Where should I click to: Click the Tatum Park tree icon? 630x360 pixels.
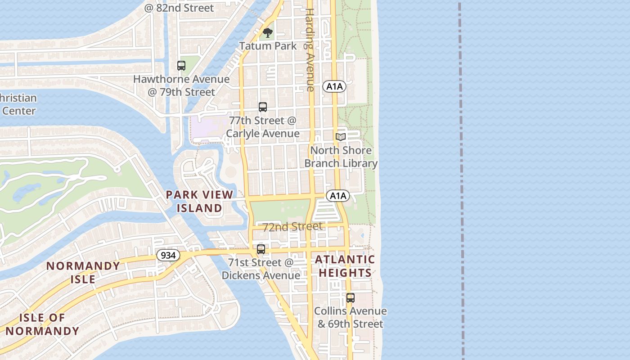268,33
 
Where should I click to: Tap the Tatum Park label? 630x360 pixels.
268,46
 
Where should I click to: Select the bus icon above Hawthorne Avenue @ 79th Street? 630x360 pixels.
181,66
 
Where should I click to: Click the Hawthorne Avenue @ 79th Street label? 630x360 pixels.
181,85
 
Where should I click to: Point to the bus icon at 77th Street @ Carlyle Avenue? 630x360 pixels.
263,107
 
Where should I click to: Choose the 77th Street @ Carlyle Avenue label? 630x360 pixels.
263,127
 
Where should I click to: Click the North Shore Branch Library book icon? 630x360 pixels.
341,137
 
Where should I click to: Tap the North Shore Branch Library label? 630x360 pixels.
341,157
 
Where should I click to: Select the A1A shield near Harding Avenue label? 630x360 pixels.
334,86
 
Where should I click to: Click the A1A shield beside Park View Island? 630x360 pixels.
337,196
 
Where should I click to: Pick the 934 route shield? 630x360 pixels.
168,255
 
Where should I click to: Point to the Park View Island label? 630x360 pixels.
199,201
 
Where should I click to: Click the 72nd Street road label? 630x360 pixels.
292,226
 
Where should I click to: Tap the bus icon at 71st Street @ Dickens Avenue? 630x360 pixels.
261,249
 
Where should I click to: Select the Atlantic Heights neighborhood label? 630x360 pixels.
345,266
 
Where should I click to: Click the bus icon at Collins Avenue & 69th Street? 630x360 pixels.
350,298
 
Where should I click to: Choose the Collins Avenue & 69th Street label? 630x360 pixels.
350,317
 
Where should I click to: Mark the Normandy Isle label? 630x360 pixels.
83,272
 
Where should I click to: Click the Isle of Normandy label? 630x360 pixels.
42,324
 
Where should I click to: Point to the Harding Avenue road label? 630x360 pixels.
310,49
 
